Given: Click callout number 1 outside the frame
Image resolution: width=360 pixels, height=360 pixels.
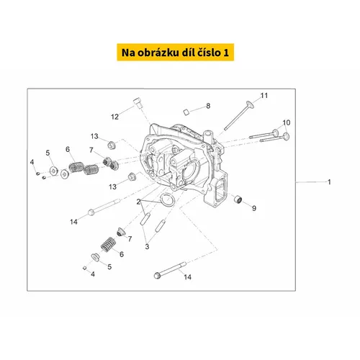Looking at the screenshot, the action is [x=329, y=182].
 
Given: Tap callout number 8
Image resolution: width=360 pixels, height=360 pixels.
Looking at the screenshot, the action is [x=208, y=106].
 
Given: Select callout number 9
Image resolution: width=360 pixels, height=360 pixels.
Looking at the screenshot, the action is [x=254, y=208].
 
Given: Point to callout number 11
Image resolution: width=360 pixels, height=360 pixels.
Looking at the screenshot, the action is [x=264, y=96].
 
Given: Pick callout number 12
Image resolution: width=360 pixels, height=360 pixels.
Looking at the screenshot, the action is [x=114, y=117].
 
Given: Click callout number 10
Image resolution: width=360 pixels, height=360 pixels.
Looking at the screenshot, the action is [x=287, y=122].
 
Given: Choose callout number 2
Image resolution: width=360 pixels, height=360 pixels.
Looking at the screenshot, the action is [x=138, y=202].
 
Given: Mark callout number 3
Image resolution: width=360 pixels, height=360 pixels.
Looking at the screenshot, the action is [x=147, y=246].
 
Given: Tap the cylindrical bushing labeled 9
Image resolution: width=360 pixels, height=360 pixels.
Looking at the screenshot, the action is [x=238, y=199].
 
